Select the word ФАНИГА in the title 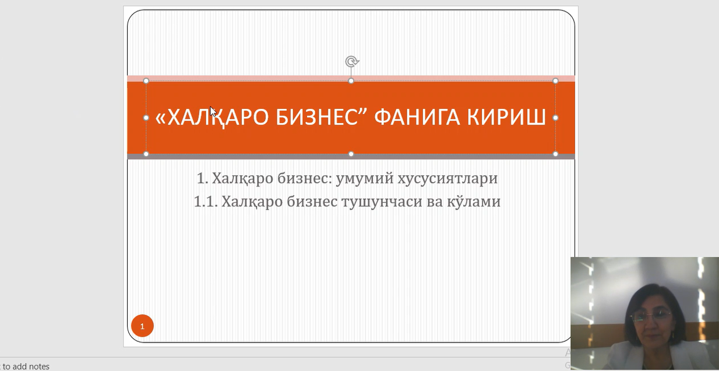tap(417, 117)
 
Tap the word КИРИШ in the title tap(506, 117)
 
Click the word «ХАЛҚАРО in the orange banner tap(212, 118)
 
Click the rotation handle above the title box tap(352, 61)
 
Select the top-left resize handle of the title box tap(146, 81)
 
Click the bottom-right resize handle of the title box tap(556, 154)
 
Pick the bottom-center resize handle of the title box tap(351, 154)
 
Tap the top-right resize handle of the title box tap(556, 81)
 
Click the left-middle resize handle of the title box tap(146, 118)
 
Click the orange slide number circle tap(143, 326)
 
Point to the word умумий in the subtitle tap(365, 178)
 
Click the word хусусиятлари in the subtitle tap(447, 178)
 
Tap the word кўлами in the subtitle tap(474, 202)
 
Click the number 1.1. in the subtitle tap(206, 202)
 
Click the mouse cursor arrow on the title tap(213, 112)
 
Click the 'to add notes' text tap(26, 366)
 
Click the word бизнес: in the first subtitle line tap(305, 178)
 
